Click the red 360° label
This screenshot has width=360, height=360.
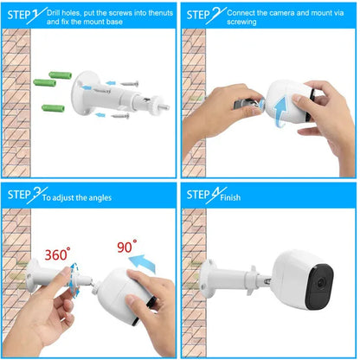coord(57,254)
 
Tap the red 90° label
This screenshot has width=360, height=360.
coord(127,247)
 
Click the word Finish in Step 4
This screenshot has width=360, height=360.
coord(230,197)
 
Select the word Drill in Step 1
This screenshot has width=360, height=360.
coord(54,13)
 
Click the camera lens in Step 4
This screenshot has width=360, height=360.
coord(320,283)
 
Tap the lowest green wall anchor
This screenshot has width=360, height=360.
coord(53,108)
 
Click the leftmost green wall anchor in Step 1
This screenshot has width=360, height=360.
coord(44,83)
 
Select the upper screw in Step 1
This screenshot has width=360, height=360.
coord(129,84)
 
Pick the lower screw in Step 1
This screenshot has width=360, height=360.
coord(120,116)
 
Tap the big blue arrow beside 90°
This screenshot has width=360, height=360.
coord(142,263)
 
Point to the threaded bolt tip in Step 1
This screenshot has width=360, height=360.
coord(165,107)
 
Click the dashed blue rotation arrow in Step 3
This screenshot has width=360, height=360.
coord(74,280)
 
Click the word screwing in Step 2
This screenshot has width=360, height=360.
coord(241,22)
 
